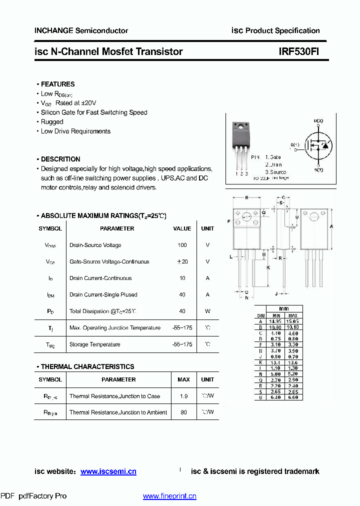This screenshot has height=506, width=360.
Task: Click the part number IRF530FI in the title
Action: tap(299, 51)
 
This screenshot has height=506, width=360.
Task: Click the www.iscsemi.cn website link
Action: tap(108, 471)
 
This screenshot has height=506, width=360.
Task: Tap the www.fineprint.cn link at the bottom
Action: tap(169, 496)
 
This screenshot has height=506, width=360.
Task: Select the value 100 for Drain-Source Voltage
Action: tap(182, 245)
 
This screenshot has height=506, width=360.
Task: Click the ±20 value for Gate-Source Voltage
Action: tap(182, 261)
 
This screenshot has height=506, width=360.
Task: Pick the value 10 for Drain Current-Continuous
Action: tap(182, 278)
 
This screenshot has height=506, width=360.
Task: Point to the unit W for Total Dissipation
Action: tap(207, 311)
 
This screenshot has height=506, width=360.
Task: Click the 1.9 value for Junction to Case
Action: tap(183, 396)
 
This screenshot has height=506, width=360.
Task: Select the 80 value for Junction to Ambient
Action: tap(183, 412)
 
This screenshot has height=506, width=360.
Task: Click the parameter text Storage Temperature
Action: tap(94, 344)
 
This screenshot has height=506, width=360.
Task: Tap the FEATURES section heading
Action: tap(57, 84)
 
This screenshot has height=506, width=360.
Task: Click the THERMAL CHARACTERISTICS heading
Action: tap(87, 366)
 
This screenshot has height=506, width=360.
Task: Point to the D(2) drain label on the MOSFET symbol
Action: tap(318, 121)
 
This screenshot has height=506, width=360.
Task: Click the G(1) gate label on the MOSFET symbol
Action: tap(294, 145)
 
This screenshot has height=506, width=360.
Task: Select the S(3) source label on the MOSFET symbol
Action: tap(318, 170)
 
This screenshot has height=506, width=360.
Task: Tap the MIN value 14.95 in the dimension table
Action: tap(275, 321)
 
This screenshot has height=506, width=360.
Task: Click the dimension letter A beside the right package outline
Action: tap(331, 226)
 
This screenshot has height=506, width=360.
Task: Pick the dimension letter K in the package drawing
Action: tap(268, 267)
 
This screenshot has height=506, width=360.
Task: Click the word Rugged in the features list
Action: tap(52, 121)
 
